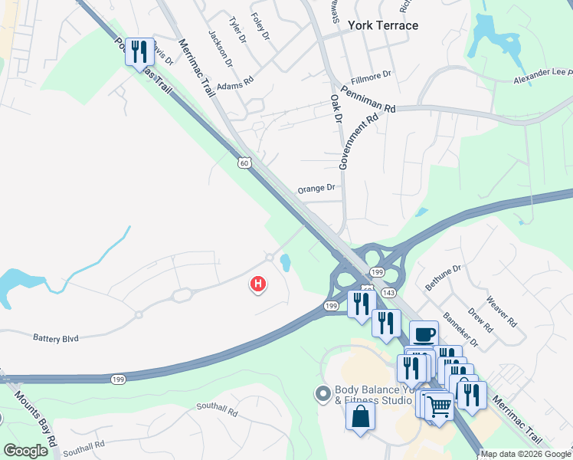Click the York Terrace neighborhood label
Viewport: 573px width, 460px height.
[383, 25]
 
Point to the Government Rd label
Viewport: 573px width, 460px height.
[359, 141]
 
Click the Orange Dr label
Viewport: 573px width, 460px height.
[316, 188]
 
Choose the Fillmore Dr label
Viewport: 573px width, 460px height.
[371, 75]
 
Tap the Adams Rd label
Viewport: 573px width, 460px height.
[234, 86]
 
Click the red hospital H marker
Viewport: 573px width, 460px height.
[259, 285]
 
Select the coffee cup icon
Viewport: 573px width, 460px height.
[424, 334]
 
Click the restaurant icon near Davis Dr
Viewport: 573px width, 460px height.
[139, 52]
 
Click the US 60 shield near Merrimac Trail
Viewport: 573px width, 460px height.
[244, 163]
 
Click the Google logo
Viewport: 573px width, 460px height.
[26, 451]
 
